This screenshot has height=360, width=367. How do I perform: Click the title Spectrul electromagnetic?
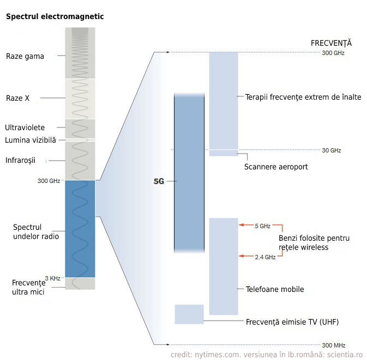[x=55, y=17]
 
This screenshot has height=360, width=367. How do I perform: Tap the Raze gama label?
[x=25, y=56]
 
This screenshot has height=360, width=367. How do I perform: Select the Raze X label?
[x=18, y=98]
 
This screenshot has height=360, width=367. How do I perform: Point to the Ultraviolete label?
[x=25, y=127]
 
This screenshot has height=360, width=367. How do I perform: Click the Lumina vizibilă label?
[x=31, y=140]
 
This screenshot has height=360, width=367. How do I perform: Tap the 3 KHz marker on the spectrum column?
[x=52, y=278]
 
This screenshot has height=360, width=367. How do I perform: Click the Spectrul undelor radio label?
[x=35, y=231]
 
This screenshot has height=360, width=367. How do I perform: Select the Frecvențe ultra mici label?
[x=28, y=287]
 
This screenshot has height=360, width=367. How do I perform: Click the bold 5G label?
[x=159, y=182]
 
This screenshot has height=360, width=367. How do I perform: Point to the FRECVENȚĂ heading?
[x=331, y=43]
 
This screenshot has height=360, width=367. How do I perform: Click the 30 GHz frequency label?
[x=331, y=150]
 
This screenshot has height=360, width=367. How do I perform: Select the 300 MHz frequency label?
[x=333, y=345]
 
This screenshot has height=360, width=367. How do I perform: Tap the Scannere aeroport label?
[x=276, y=167]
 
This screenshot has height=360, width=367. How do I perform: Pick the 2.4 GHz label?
[x=265, y=257]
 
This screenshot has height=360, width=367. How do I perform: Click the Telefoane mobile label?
[x=275, y=289]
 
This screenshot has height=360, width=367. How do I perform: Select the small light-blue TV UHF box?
[x=189, y=314]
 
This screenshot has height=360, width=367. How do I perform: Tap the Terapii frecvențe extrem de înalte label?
[x=303, y=97]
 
